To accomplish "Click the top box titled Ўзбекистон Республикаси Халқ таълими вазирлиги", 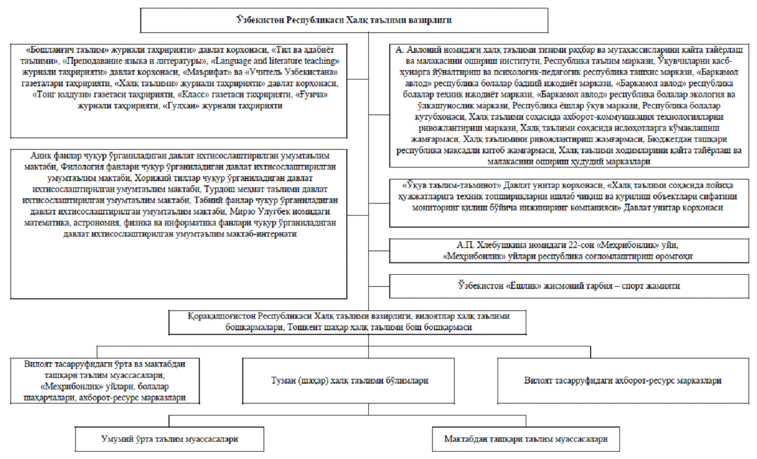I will point(344,20).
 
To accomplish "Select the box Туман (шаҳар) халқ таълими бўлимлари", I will point(349,380).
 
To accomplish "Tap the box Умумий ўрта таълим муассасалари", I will point(170,439).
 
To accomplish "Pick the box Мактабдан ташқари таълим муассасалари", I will point(526,439).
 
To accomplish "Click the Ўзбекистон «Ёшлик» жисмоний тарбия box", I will point(569,286).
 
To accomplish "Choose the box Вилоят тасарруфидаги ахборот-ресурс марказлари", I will point(623,380).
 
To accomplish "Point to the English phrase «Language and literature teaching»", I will point(274,61).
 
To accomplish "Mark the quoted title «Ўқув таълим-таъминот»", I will point(451,185).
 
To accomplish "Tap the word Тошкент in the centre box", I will point(305,327).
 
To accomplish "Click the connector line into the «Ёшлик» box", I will point(379,286).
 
